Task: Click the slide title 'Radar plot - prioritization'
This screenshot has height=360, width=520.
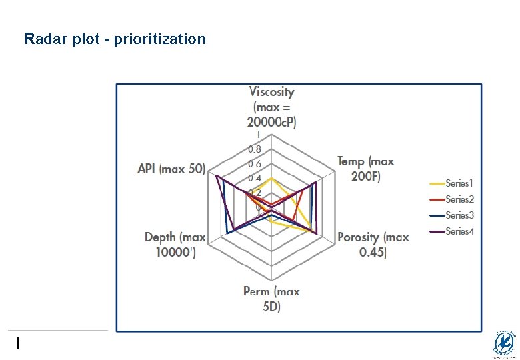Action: (115, 39)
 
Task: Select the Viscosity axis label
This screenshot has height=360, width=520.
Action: (271, 107)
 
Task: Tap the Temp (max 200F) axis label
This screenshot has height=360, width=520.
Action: (365, 169)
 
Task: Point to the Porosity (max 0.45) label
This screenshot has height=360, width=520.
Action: (373, 244)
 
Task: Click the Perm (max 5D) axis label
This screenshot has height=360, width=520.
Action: (271, 299)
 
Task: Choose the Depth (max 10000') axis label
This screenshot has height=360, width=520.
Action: (175, 244)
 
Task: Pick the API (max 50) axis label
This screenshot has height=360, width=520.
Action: (171, 169)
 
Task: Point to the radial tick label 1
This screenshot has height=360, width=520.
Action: (258, 135)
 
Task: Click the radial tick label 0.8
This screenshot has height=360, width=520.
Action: (255, 149)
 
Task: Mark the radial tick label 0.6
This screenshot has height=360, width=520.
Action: (255, 164)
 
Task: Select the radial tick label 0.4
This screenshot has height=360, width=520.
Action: (255, 179)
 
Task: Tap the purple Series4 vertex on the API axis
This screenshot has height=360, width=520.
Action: (217, 175)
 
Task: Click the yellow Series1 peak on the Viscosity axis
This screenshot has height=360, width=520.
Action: (271, 179)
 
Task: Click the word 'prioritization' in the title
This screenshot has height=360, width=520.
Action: (160, 39)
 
